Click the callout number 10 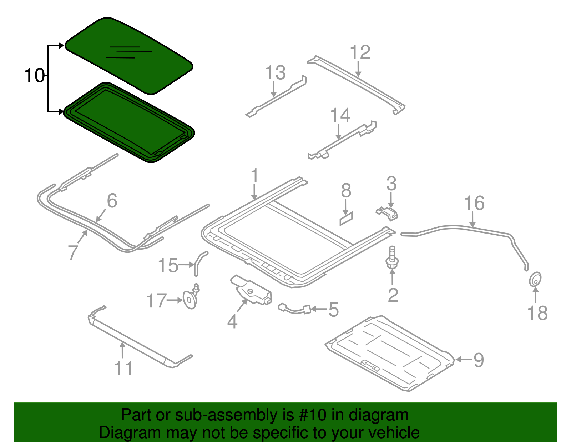(x=34, y=76)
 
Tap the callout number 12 (x=360, y=52)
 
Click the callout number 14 (x=340, y=115)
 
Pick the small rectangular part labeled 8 (x=346, y=219)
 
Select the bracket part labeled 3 (x=387, y=213)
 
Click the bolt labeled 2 (x=392, y=257)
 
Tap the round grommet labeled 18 (x=535, y=279)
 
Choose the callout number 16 (x=474, y=203)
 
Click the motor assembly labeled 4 (x=251, y=290)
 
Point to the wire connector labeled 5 (x=295, y=309)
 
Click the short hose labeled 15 (x=199, y=263)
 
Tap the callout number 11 (x=123, y=368)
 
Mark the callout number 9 (x=479, y=360)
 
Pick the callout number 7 (x=73, y=252)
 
